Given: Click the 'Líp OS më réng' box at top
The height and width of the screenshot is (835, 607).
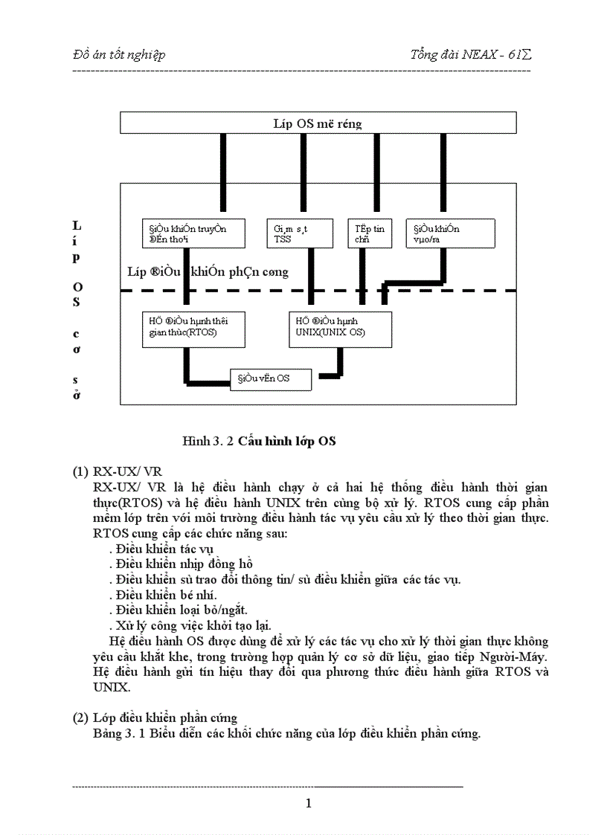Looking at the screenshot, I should pos(318,123).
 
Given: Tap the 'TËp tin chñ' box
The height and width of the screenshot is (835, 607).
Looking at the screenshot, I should pos(370,233).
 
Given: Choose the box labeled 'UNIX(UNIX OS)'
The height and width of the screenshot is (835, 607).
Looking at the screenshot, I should pos(340,329).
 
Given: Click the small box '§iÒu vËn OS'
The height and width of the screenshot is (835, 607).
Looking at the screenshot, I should pos(270,379).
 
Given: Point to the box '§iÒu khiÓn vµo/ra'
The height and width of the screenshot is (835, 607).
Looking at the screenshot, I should pos(450,233).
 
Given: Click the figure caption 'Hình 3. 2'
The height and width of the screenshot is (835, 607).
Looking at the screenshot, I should pos(208,441).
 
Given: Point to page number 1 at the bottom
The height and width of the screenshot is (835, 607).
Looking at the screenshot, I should pos(309,802).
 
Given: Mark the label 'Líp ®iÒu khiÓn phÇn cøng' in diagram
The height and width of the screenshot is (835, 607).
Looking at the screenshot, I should pos(208,272).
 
